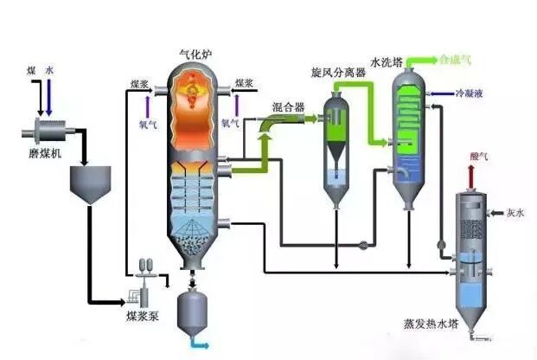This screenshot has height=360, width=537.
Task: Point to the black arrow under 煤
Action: (x=34, y=100)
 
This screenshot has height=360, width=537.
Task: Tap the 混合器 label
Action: (x=287, y=107)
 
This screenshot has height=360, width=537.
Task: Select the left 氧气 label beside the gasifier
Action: (x=150, y=123)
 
